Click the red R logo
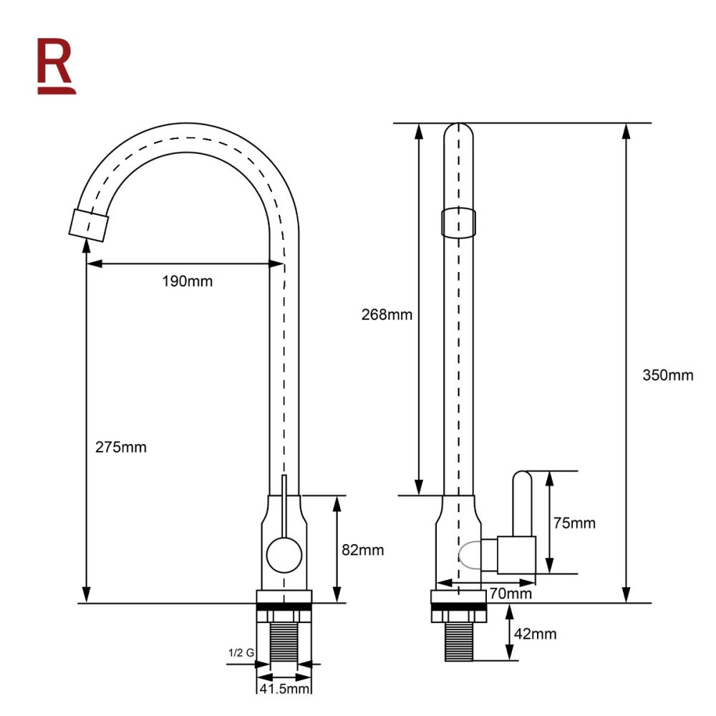[x=56, y=66]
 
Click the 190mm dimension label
[x=187, y=281]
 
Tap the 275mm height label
[x=121, y=447]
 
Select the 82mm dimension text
[x=362, y=550]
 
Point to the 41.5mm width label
[x=284, y=689]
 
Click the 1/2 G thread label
[x=241, y=653]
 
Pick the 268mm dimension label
[x=387, y=314]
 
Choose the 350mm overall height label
[x=668, y=375]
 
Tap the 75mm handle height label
[x=574, y=523]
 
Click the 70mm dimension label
[x=511, y=594]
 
